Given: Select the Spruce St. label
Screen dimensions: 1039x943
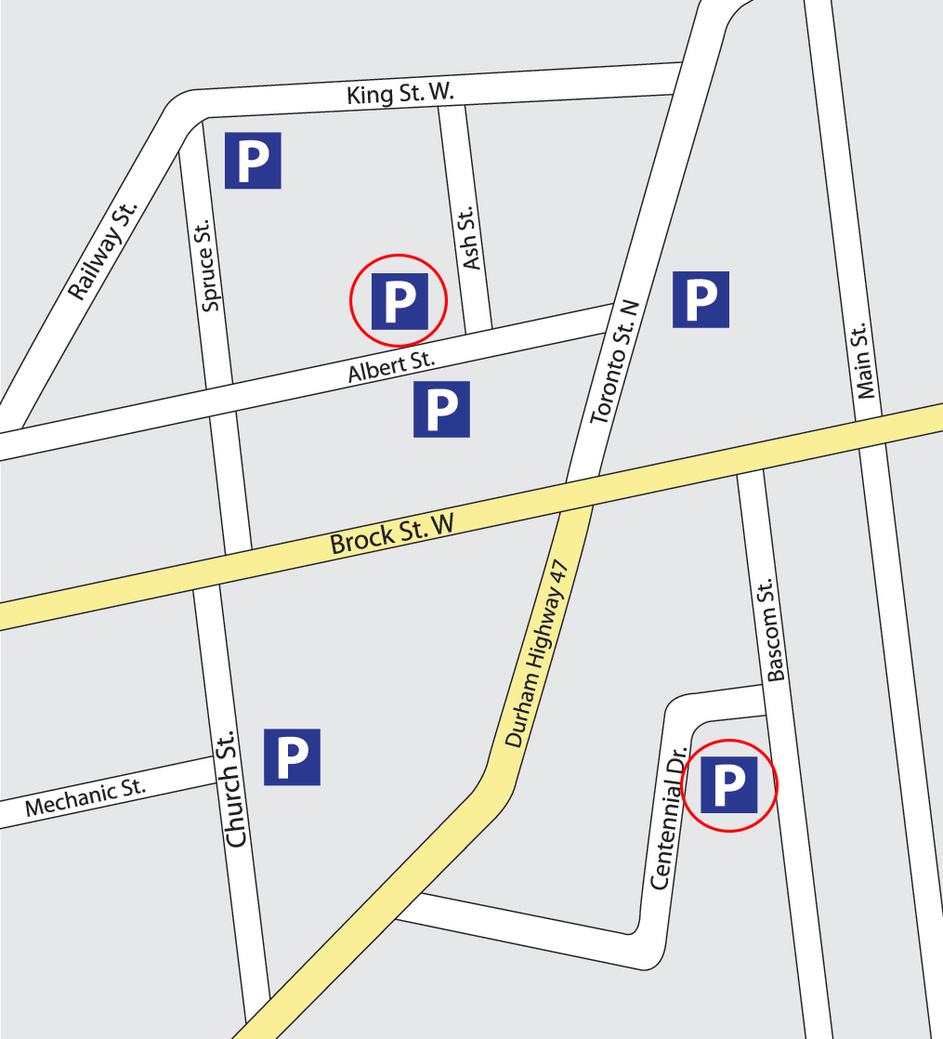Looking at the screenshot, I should point(208,265).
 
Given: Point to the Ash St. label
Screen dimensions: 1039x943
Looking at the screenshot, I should point(469,239).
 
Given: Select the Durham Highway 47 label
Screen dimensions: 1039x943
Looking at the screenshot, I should point(535,653).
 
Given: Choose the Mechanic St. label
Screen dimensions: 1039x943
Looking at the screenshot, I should point(85,798).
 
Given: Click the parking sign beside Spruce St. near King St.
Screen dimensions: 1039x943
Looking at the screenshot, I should point(253,161).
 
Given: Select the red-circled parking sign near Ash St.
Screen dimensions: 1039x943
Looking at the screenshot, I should point(399,301).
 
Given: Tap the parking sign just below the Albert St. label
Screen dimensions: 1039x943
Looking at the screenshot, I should point(441,409).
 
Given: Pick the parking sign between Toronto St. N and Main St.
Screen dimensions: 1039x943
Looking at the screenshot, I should point(701,299).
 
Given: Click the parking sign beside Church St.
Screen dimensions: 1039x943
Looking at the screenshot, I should point(292,756).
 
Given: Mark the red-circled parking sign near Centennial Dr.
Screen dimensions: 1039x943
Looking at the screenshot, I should point(728,784).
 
